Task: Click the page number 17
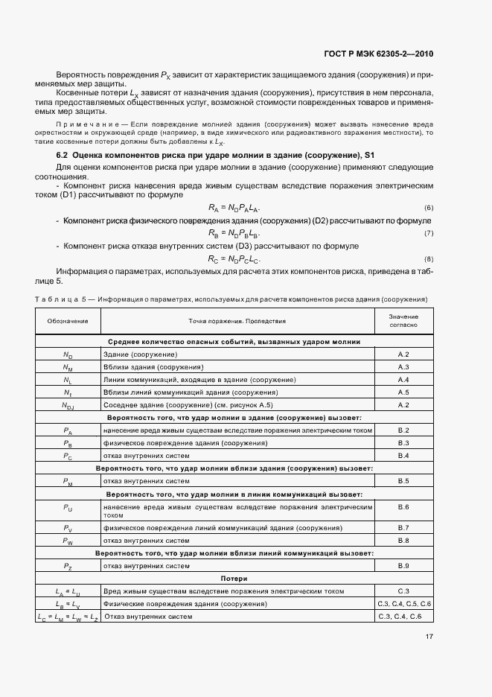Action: click(x=429, y=637)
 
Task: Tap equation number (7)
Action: click(x=429, y=233)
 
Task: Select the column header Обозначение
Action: click(x=68, y=321)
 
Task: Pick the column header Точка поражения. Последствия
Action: click(x=236, y=321)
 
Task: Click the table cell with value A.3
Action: click(x=403, y=367)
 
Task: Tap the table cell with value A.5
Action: click(x=403, y=392)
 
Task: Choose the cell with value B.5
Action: click(x=403, y=481)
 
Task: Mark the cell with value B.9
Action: click(x=403, y=566)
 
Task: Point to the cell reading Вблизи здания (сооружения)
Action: click(x=154, y=367)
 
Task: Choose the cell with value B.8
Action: click(x=403, y=541)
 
